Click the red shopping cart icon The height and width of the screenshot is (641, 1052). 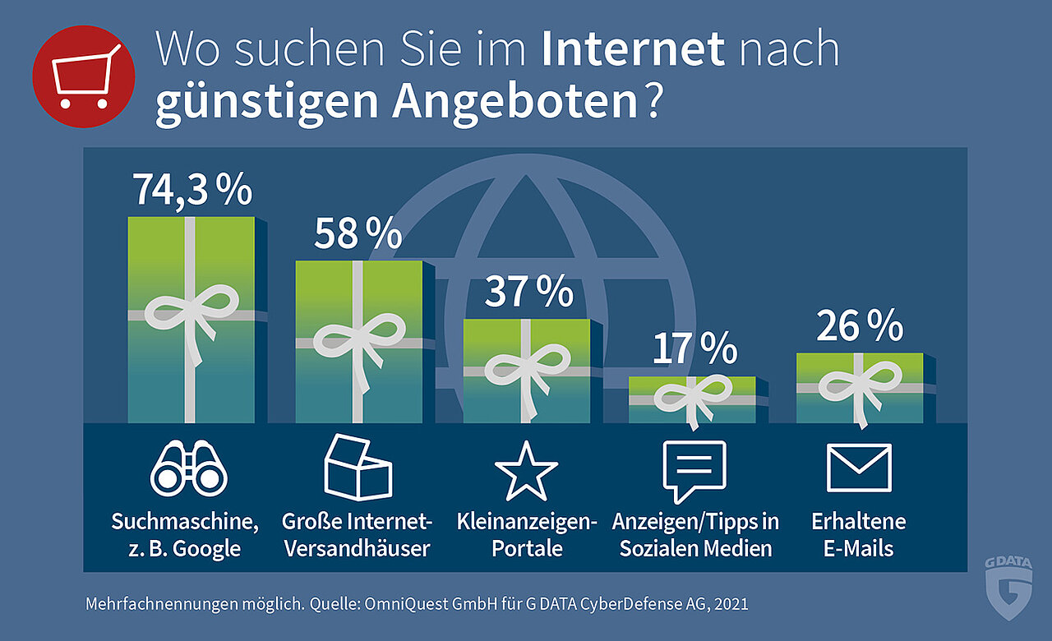click(x=83, y=76)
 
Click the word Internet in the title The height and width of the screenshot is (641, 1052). click(x=633, y=49)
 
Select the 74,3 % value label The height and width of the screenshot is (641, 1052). click(x=192, y=190)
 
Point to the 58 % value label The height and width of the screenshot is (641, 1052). click(x=358, y=234)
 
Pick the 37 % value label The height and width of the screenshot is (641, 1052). click(x=528, y=292)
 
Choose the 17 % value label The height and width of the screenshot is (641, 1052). click(x=695, y=348)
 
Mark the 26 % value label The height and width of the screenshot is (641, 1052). click(x=860, y=327)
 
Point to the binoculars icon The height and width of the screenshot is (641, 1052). click(x=189, y=468)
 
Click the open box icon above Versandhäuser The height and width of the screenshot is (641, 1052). click(x=358, y=468)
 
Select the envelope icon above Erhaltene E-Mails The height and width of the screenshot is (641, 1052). click(x=859, y=468)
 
